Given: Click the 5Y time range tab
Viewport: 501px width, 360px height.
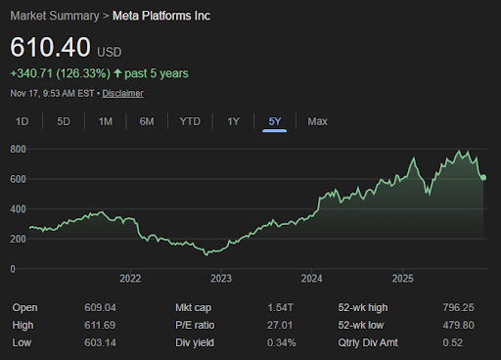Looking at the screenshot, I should pos(275,121).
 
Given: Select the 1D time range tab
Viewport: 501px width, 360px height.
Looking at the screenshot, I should pos(23,121).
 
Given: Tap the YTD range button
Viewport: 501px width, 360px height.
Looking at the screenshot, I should pos(190,121).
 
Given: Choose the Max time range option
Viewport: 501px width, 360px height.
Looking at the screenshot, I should pos(317,121).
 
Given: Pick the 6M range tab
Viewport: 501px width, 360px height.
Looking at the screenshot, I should pos(147,121).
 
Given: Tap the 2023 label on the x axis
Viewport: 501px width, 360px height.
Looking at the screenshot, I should pos(220,279).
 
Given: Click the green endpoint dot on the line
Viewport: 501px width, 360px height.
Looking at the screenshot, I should pos(483,177).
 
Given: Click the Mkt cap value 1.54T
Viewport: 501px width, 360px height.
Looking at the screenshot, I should pos(279,308).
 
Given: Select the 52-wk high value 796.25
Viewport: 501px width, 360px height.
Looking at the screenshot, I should pos(459,308).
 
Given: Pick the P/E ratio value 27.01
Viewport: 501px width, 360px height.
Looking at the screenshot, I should pos(280,325).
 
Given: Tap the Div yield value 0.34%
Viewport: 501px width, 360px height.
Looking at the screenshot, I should pos(279,341).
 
